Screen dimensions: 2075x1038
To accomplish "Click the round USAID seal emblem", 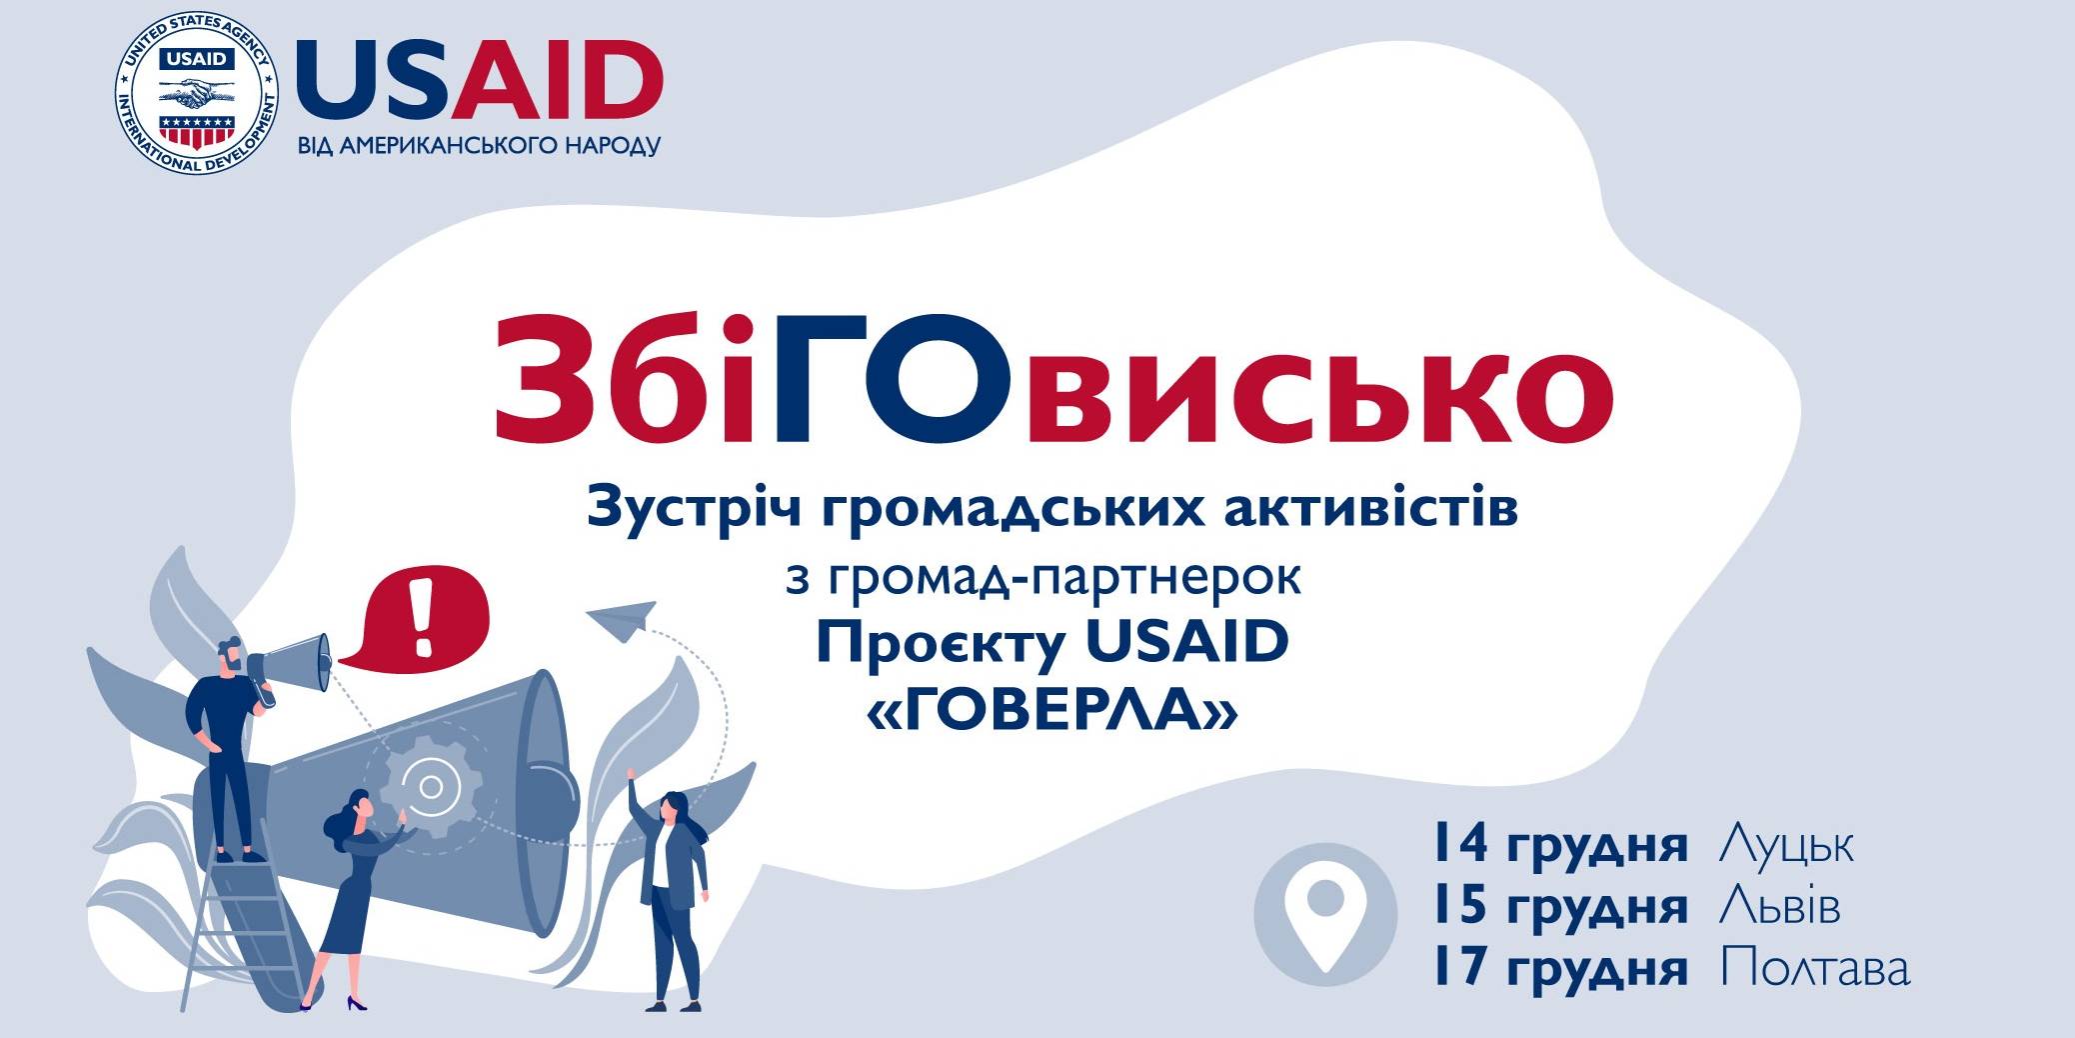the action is coord(197,96).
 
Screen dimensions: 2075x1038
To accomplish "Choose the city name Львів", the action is coord(1779,907).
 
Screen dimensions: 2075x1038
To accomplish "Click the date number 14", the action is coord(1460,845).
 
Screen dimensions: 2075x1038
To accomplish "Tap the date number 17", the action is coord(1460,969).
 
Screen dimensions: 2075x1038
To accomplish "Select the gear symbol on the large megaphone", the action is coord(432,787).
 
